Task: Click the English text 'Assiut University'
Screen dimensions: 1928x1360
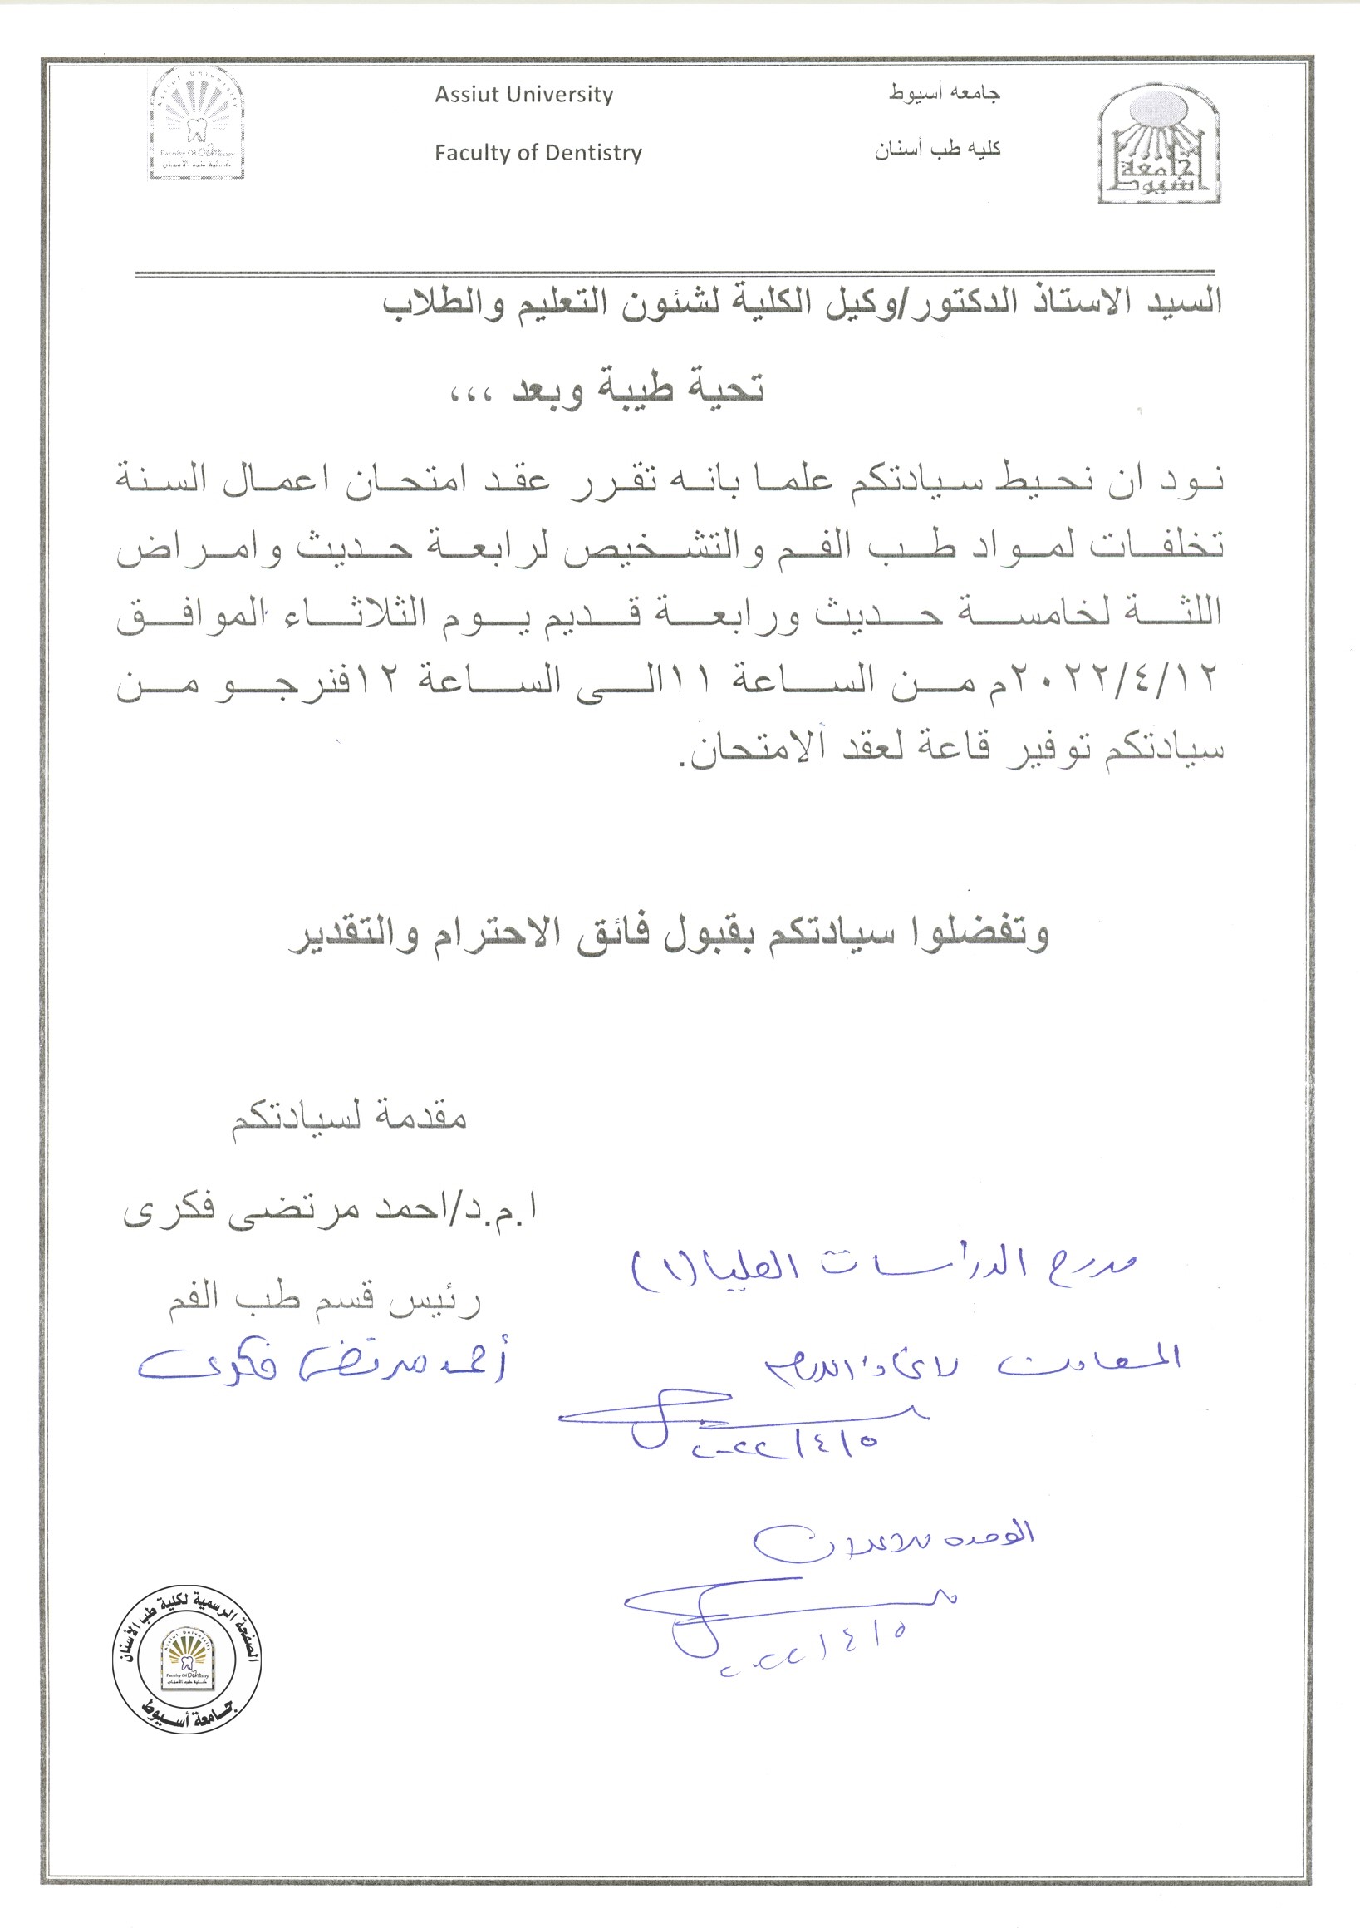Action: (x=524, y=95)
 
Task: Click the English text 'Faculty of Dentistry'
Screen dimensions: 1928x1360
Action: (x=538, y=153)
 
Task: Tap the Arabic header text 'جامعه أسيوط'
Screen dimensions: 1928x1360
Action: (x=945, y=93)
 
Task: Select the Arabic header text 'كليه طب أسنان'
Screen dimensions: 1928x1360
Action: (x=938, y=150)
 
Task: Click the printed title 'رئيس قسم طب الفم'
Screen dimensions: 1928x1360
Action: (x=326, y=1301)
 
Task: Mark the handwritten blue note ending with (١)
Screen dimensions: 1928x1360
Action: (x=881, y=1266)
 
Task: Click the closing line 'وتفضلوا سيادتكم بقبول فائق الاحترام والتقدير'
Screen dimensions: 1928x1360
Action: (x=668, y=936)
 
